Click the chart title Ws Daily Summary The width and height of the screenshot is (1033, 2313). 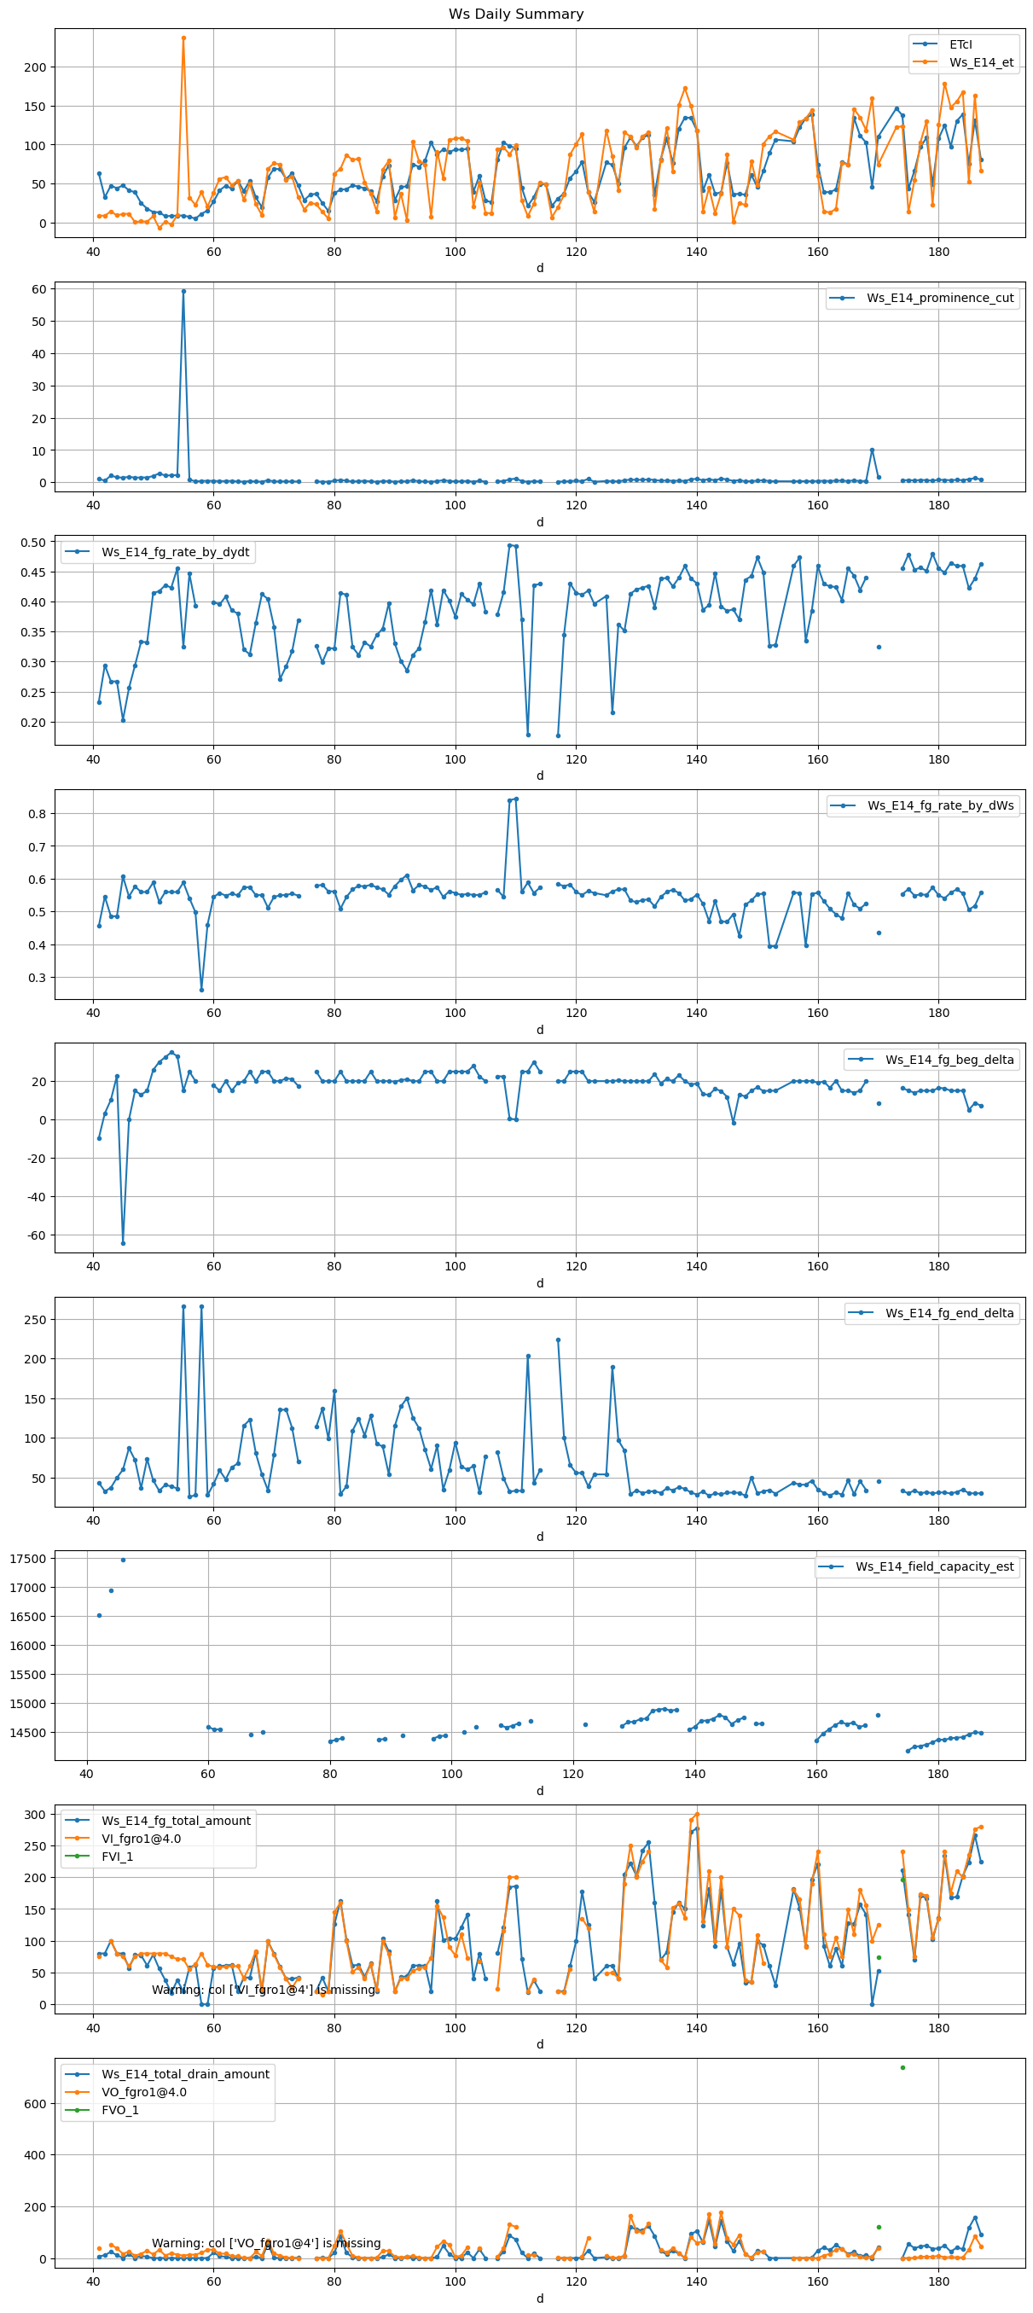(516, 15)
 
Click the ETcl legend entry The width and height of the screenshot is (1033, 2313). (960, 44)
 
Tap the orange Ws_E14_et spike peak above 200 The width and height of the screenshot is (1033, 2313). (184, 38)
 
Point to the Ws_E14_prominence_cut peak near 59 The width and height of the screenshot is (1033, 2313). (184, 291)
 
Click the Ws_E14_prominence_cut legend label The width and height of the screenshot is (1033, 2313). (940, 298)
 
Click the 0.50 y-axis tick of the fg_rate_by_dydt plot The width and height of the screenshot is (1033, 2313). (33, 543)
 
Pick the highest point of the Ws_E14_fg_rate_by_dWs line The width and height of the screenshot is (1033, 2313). (516, 799)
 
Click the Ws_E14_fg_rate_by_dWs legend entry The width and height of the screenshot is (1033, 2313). (940, 805)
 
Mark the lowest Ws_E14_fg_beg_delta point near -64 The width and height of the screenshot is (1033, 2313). (123, 1244)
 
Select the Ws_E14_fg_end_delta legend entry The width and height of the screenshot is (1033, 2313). (949, 1313)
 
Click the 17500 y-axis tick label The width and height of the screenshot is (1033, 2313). (28, 1559)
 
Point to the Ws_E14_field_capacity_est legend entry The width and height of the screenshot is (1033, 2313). (933, 1566)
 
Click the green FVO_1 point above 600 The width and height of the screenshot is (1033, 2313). (902, 2068)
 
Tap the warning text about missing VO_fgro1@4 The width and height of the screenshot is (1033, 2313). (265, 2243)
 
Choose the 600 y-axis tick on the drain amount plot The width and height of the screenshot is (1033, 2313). (35, 2104)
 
